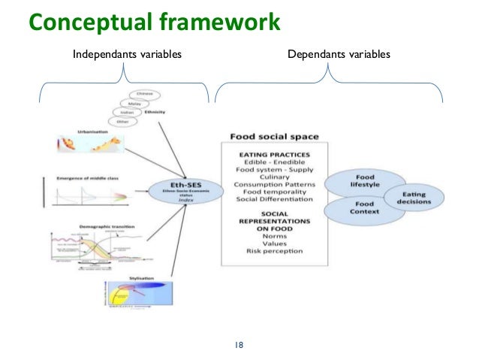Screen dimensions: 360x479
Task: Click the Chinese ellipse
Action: click(145, 95)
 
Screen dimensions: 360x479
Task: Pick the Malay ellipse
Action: click(134, 104)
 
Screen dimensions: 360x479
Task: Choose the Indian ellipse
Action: click(125, 113)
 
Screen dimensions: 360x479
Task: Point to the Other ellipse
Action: click(120, 123)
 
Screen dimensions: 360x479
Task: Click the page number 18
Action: click(239, 345)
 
